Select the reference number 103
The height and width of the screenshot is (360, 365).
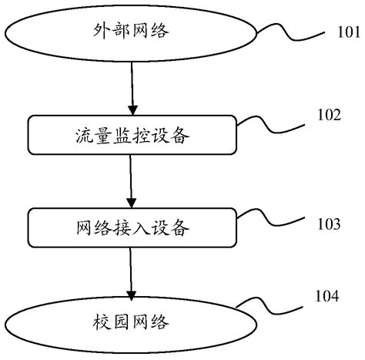click(x=329, y=224)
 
